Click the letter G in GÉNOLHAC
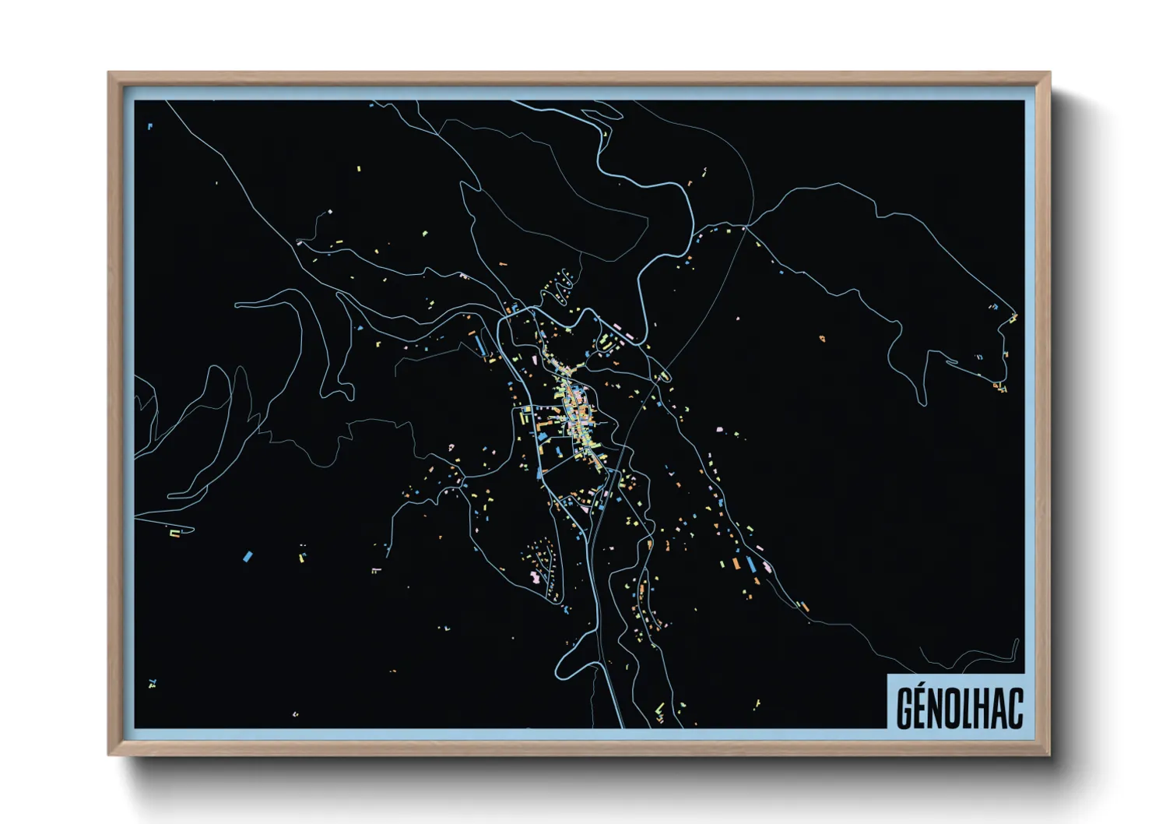904,709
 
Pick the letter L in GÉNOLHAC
969,709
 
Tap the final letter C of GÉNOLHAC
1015,709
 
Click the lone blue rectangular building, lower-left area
248,556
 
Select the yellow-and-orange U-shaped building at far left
176,533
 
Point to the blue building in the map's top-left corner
149,125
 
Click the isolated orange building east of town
822,338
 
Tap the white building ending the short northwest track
330,212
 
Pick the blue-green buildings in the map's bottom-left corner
152,684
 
